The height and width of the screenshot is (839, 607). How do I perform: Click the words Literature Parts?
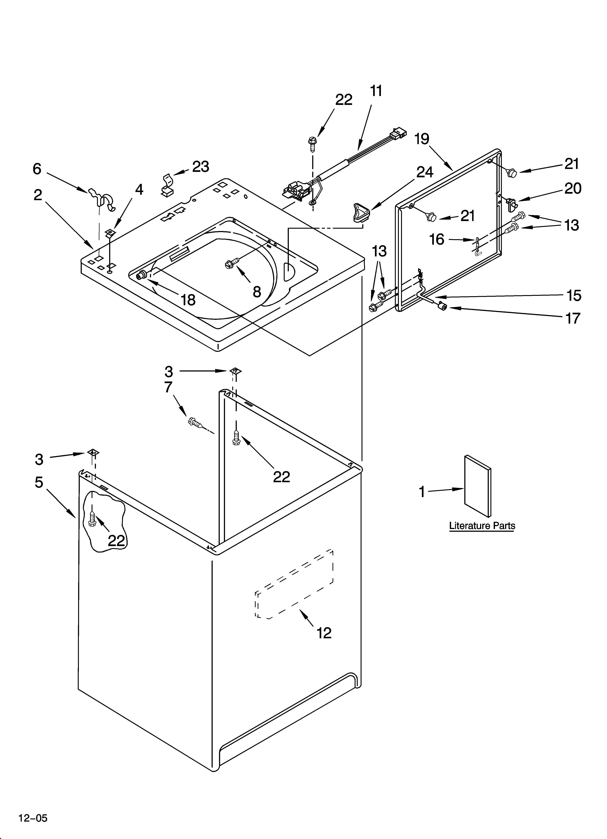(x=482, y=526)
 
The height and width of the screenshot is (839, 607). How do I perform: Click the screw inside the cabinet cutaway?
(x=92, y=519)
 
